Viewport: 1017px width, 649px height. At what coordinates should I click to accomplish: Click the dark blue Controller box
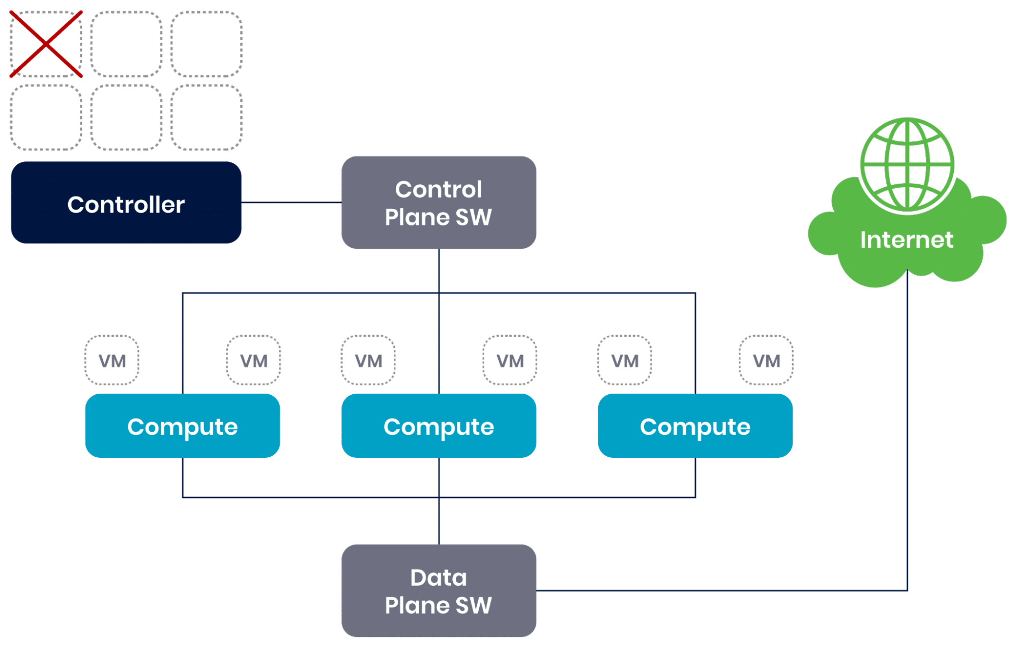126,203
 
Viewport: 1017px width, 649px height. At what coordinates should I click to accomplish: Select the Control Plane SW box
439,202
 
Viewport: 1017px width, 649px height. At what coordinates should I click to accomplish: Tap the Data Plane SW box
439,591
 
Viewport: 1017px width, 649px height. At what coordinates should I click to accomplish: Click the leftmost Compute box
182,426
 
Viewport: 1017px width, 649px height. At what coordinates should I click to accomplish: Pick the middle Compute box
439,426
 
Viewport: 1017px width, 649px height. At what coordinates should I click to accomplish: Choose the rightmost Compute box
695,426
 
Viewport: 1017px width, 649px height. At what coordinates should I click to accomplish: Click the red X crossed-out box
46,44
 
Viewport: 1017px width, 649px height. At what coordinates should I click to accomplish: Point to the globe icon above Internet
907,165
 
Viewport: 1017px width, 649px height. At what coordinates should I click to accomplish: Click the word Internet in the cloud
907,240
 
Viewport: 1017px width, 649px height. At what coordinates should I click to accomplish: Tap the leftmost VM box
112,360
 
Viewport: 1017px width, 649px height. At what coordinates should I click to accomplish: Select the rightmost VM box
766,360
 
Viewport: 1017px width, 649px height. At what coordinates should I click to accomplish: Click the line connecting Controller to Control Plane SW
291,202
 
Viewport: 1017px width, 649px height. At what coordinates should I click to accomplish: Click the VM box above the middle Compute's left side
368,360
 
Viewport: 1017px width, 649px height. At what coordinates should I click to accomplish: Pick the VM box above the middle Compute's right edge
510,360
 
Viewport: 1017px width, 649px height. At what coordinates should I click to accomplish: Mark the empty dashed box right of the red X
126,44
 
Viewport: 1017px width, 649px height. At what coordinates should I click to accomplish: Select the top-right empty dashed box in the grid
206,44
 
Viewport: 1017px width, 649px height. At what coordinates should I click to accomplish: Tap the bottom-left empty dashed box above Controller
46,117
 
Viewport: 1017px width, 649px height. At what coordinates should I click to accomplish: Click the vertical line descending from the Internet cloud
907,432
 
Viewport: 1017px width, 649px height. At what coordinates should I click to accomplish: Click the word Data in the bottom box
439,577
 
